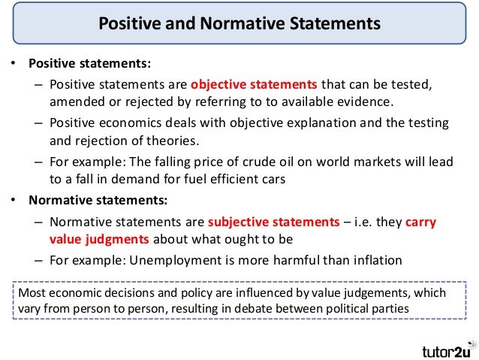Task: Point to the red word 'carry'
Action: click(x=420, y=222)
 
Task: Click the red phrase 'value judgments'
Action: click(x=98, y=240)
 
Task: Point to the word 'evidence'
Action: click(x=366, y=101)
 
